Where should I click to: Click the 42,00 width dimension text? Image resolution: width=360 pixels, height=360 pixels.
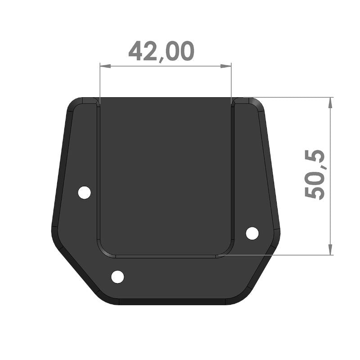[x=162, y=51]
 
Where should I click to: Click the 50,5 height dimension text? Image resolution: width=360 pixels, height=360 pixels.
[x=315, y=175]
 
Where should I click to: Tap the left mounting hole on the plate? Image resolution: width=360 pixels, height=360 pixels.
[x=85, y=193]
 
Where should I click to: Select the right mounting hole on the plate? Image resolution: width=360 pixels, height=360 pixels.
[x=252, y=233]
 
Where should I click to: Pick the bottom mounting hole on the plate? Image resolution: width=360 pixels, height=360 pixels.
[x=117, y=277]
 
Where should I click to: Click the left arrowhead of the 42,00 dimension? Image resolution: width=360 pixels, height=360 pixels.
[x=105, y=66]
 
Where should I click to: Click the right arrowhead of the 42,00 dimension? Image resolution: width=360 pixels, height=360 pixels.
[x=226, y=66]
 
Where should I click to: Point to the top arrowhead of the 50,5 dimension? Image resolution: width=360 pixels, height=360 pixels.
[x=330, y=103]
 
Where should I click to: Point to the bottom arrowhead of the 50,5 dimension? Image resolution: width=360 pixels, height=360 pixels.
[x=330, y=250]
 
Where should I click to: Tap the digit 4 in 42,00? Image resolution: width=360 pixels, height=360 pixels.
[x=136, y=51]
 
